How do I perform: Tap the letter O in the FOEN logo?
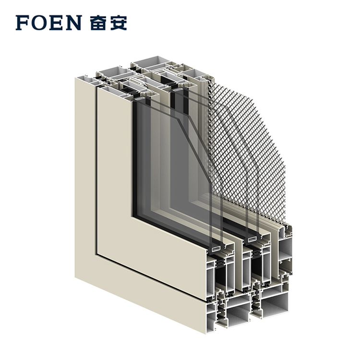pyautogui.click(x=39, y=23)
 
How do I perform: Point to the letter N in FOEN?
pyautogui.click(x=73, y=23)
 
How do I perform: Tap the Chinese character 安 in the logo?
pyautogui.click(x=118, y=23)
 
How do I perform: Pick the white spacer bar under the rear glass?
pyautogui.click(x=252, y=239)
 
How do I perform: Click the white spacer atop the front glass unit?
pyautogui.click(x=140, y=99)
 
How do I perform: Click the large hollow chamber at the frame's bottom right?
pyautogui.click(x=275, y=302)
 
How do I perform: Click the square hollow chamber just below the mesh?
pyautogui.click(x=286, y=249)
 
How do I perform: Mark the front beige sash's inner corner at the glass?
pyautogui.click(x=132, y=216)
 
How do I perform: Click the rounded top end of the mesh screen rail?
pyautogui.click(x=204, y=79)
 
